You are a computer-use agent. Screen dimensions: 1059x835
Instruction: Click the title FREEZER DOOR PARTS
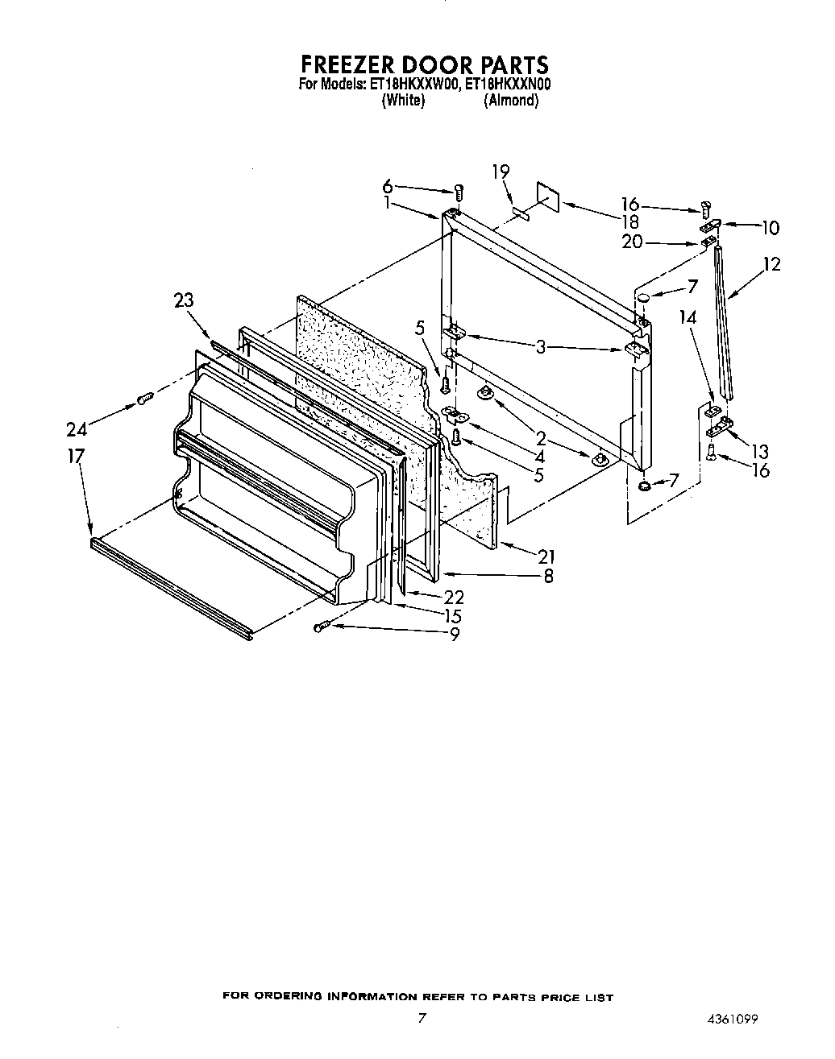(x=424, y=64)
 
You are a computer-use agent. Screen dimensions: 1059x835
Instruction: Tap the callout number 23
(x=184, y=300)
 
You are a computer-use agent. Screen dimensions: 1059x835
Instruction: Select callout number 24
(x=78, y=429)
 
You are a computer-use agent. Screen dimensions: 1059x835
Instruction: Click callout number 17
(x=76, y=457)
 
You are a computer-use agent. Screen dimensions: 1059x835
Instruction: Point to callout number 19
(x=501, y=171)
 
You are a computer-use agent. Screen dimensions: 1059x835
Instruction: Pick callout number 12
(x=771, y=264)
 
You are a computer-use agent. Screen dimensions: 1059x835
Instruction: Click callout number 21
(x=547, y=556)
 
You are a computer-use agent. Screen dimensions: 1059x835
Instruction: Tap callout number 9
(x=455, y=635)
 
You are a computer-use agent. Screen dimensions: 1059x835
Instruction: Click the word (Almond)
(x=511, y=101)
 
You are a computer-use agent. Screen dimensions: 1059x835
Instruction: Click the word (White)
(x=403, y=101)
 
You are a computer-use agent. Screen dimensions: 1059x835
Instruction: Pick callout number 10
(x=771, y=228)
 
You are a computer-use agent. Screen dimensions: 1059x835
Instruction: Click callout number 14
(x=688, y=317)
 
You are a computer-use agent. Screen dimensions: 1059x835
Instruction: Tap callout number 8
(x=548, y=576)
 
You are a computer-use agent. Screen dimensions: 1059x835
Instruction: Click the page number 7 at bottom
(x=422, y=1018)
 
